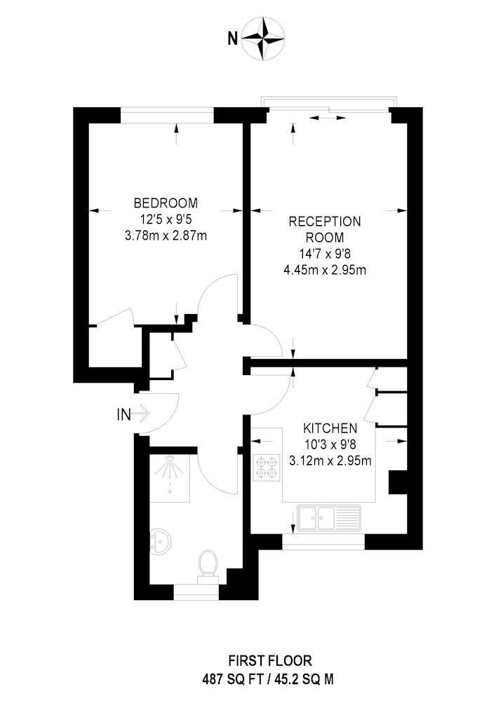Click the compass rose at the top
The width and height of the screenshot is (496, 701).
(x=263, y=39)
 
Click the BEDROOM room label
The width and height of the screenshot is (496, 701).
(x=166, y=203)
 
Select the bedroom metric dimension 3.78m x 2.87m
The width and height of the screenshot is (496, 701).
(x=166, y=235)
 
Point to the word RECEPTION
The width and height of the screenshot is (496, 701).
(x=325, y=222)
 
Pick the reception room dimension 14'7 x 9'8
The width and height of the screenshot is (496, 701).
(x=325, y=254)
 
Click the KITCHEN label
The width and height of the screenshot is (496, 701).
(x=330, y=428)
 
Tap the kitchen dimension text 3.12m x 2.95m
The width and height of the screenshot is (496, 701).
(x=330, y=461)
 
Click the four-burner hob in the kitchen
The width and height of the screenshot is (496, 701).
(x=267, y=468)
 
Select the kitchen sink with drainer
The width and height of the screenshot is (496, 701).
(x=329, y=518)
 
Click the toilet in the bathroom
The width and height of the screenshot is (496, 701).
(x=208, y=566)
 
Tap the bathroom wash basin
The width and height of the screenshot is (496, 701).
(x=160, y=541)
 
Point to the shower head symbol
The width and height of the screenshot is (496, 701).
(x=170, y=466)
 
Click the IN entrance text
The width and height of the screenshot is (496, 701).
(x=123, y=415)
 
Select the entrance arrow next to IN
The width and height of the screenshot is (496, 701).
(x=142, y=414)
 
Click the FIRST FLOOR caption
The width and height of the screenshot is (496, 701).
(x=270, y=660)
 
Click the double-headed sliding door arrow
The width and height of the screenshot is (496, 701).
(x=328, y=118)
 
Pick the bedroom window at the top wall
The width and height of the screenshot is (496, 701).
(x=167, y=116)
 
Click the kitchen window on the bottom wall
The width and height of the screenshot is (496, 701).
(x=324, y=542)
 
